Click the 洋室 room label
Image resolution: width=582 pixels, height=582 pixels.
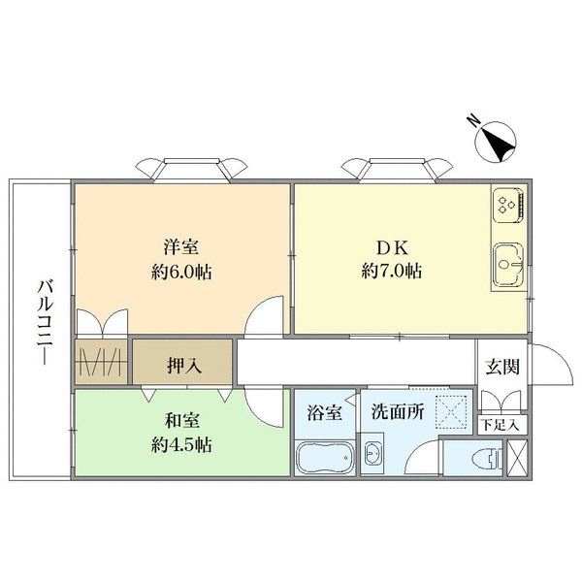[x=181, y=247]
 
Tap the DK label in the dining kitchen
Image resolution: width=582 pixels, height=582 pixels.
[x=392, y=248]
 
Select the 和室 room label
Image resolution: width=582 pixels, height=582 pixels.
[x=182, y=421]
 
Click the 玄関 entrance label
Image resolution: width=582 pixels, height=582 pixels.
[x=502, y=368]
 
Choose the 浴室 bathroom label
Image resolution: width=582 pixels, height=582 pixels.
[x=325, y=413]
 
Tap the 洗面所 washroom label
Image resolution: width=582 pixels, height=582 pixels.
[x=398, y=411]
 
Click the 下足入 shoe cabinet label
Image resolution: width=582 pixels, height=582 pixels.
[x=500, y=425]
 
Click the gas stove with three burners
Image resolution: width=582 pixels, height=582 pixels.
[x=508, y=205]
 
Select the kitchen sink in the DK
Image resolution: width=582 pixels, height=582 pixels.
[x=507, y=266]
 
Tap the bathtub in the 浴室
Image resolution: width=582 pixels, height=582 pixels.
[x=324, y=458]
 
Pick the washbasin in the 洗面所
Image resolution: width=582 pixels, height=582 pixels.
[x=372, y=454]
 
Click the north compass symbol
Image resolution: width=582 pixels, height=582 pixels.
[x=496, y=143]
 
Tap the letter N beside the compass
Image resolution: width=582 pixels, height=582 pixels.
[x=472, y=121]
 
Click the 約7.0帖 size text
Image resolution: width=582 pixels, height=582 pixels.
[x=392, y=271]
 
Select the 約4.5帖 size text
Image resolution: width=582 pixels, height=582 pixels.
[x=182, y=444]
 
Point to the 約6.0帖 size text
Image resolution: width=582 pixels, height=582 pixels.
[x=181, y=272]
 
